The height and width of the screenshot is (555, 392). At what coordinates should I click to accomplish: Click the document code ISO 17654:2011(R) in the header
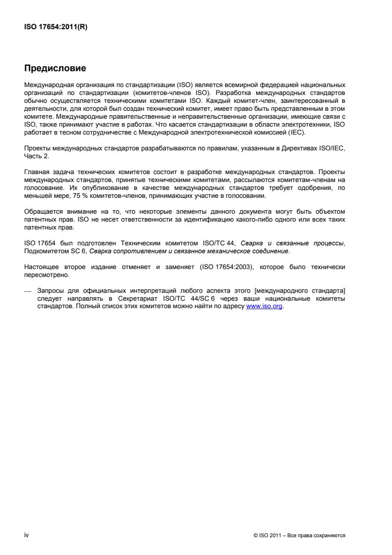point(52,28)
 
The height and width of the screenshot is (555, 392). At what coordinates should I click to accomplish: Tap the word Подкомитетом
point(47,252)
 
